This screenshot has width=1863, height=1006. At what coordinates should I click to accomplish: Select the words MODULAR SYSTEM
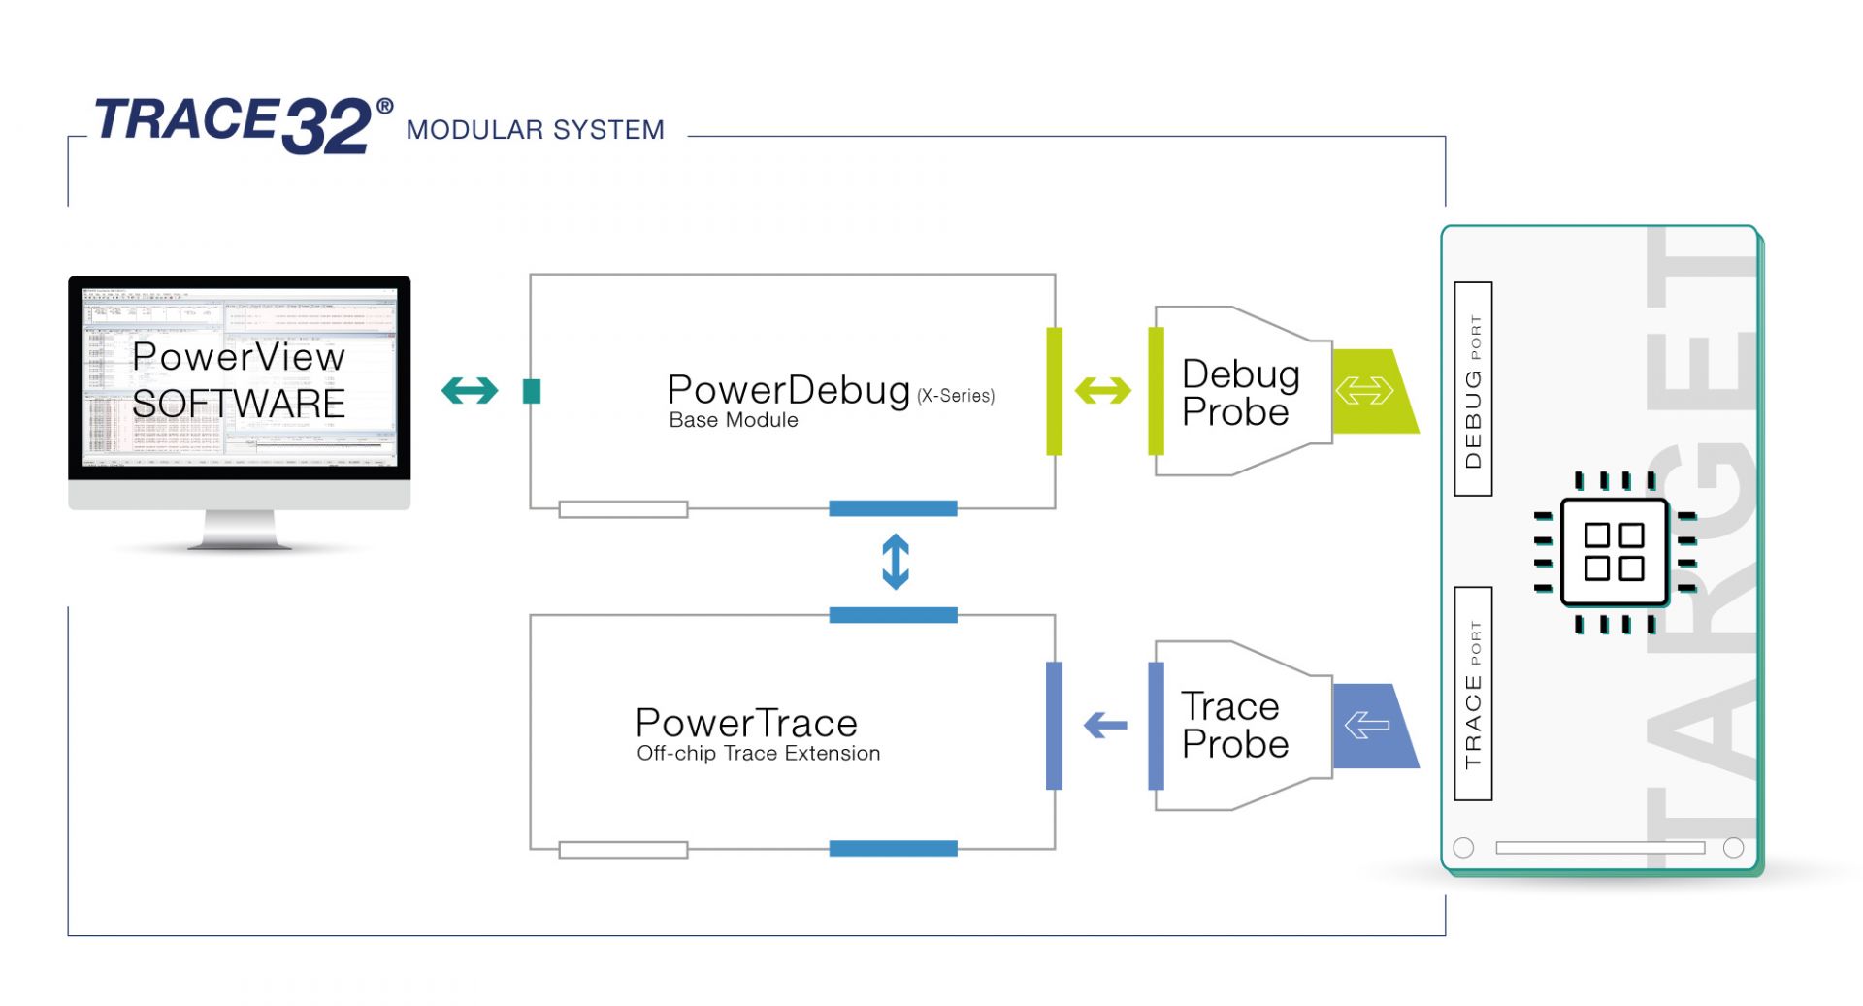click(535, 130)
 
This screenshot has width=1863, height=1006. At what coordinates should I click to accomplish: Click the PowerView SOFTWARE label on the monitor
click(239, 380)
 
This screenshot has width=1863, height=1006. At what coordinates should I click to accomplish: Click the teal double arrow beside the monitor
click(470, 391)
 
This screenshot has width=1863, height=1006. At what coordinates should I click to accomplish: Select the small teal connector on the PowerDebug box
click(532, 391)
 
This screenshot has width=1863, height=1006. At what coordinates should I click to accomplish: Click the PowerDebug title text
click(788, 390)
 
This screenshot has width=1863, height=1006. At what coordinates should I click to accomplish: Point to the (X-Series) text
click(956, 396)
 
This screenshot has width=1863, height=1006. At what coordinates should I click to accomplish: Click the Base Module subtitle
click(734, 421)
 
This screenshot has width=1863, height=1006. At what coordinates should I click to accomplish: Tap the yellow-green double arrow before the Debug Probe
click(1103, 391)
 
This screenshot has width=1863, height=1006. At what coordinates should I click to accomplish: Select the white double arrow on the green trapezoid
click(1364, 391)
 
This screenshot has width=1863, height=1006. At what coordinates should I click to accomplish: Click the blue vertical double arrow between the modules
click(895, 562)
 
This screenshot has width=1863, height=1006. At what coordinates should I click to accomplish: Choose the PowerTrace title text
click(746, 723)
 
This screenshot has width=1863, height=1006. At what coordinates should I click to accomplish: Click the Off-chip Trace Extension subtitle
click(758, 754)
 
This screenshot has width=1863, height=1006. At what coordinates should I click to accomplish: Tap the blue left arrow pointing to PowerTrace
click(1105, 725)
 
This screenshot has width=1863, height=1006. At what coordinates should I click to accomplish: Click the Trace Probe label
click(1233, 725)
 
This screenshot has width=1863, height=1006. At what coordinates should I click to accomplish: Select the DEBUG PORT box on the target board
click(1473, 389)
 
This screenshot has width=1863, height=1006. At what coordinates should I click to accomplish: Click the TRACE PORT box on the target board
click(1473, 694)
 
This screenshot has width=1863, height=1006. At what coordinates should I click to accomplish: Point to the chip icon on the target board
click(1615, 552)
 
